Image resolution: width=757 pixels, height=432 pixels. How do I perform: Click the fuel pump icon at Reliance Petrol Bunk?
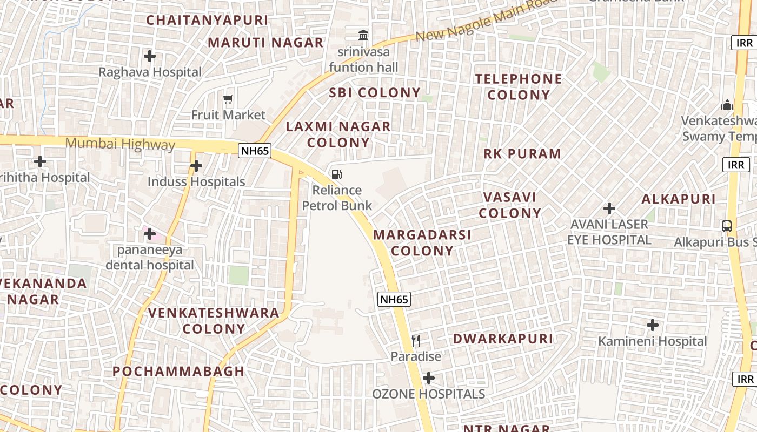pos(336,174)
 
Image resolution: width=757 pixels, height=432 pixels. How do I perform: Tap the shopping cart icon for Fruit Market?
pos(228,99)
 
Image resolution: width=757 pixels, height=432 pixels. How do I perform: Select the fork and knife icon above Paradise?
pos(416,340)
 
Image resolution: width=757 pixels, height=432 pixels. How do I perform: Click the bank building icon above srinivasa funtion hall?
pos(363,36)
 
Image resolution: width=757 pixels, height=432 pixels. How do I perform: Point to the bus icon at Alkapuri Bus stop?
pos(727,226)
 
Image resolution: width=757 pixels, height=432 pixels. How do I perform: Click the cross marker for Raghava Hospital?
pos(150,56)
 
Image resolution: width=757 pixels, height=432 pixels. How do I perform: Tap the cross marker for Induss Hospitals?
pos(196,166)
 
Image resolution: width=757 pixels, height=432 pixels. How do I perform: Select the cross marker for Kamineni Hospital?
pos(653,325)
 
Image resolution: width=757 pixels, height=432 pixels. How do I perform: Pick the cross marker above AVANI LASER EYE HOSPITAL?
pos(609,208)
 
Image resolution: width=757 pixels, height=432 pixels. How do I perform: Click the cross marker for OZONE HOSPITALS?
pos(429,378)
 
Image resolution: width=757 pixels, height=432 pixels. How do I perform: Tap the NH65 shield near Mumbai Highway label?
pos(255,151)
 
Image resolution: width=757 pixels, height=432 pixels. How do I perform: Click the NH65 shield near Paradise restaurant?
pos(394,299)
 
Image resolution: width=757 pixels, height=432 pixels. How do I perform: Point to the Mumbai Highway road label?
pos(120,144)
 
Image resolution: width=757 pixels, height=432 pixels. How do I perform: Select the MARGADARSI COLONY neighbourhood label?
pos(422,242)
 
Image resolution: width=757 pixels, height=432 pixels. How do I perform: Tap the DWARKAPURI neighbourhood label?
pos(503,339)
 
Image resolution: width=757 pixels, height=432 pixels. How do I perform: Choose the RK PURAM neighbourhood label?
pos(522,154)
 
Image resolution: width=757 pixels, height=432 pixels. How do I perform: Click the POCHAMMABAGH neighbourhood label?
pos(178,372)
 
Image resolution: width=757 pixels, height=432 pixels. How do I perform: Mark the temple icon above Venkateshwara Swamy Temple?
pos(727,104)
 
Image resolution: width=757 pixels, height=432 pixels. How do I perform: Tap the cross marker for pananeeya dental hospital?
pos(150,234)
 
